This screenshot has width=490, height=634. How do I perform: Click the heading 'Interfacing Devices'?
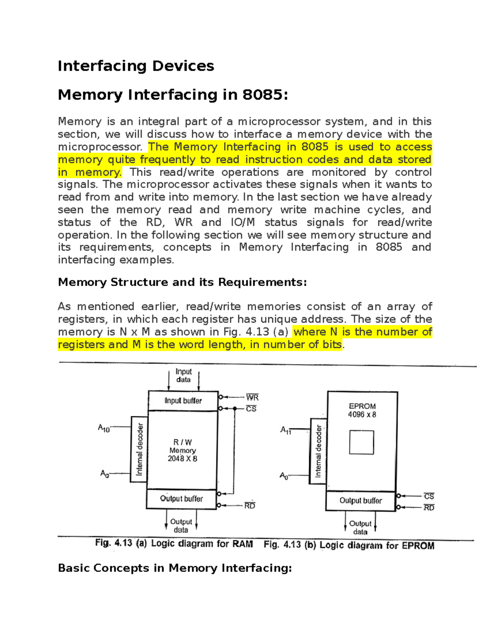136,66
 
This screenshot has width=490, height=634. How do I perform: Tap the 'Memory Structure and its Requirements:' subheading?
182,282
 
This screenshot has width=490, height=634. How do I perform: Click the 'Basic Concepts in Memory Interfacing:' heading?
175,568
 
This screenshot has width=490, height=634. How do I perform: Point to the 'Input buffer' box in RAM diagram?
183,400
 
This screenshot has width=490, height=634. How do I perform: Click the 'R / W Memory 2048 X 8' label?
183,450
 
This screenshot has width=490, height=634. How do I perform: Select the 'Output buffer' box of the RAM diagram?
181,498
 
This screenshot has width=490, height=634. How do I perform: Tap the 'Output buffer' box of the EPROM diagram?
361,501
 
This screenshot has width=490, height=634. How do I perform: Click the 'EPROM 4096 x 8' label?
362,410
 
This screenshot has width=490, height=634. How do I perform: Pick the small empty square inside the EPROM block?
361,442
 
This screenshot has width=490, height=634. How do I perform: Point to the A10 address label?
104,428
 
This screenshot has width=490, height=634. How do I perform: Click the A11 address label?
285,430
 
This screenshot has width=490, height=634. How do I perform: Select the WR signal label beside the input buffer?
252,397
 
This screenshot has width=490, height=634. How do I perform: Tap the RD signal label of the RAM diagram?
249,506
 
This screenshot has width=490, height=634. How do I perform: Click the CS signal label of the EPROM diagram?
429,496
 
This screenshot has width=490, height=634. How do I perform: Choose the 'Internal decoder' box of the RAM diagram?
139,449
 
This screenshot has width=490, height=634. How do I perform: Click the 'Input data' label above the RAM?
183,375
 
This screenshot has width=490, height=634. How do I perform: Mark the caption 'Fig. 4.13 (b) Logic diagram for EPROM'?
349,545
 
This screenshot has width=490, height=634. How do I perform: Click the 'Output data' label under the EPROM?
360,527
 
